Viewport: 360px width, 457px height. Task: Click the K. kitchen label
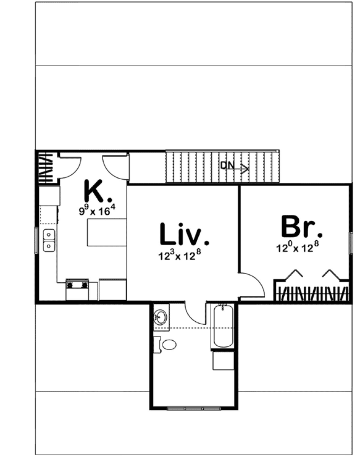98,191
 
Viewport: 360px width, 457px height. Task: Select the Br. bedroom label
301,227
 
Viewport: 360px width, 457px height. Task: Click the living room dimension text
180,255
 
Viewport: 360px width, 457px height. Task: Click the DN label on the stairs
227,165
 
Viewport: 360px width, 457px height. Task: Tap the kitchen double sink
48,240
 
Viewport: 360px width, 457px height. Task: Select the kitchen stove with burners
78,285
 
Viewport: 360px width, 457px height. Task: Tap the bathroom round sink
161,317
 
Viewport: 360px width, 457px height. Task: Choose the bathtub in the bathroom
223,325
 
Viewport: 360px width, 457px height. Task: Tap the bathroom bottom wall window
195,408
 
